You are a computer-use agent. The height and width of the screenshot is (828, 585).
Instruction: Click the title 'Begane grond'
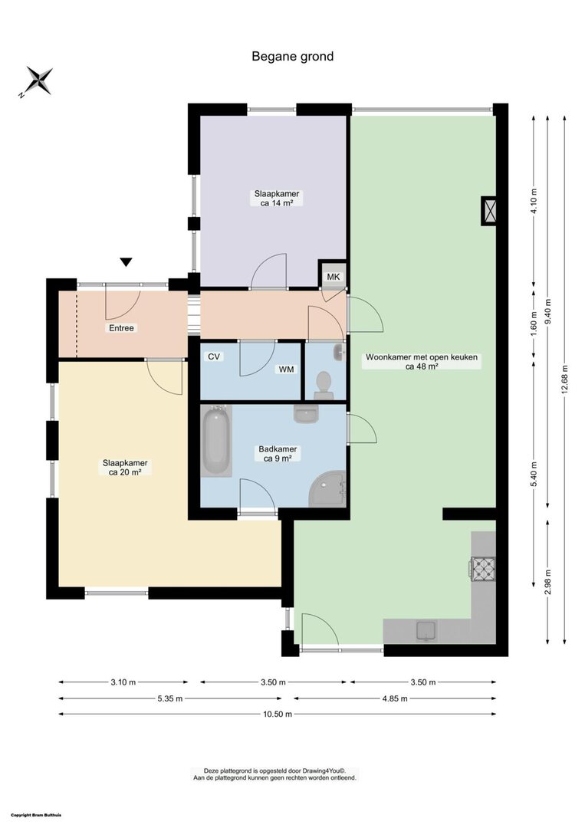coord(293,57)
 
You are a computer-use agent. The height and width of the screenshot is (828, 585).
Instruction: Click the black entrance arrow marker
coord(126,262)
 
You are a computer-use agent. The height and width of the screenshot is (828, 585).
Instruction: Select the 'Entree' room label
coord(121,328)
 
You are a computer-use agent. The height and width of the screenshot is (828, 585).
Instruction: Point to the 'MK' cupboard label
coord(334,277)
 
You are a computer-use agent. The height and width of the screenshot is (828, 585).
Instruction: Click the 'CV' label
coord(214,357)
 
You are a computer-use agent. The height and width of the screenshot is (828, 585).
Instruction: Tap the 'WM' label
coord(287,370)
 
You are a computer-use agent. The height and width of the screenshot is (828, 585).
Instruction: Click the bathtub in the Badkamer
coord(216,441)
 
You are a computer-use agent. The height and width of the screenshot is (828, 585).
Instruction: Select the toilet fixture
coord(323,385)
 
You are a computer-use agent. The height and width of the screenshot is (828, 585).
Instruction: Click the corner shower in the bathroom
coord(327,489)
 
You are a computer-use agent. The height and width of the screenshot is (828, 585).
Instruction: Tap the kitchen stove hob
coord(482,569)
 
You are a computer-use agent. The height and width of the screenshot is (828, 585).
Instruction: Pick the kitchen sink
coord(426,631)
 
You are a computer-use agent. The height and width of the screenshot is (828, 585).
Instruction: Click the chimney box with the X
coord(489,211)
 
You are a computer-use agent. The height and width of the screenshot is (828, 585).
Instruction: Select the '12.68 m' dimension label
coord(564,379)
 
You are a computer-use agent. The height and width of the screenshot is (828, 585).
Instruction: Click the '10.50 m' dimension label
coord(278,715)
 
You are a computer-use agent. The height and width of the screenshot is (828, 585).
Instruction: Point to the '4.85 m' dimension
coord(394,698)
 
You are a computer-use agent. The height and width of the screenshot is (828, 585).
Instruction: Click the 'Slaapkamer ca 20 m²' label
coord(125,468)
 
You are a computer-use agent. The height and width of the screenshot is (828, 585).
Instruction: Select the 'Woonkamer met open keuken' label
coord(422,357)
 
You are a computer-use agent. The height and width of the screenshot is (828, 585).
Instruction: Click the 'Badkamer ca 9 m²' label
coord(278,454)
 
